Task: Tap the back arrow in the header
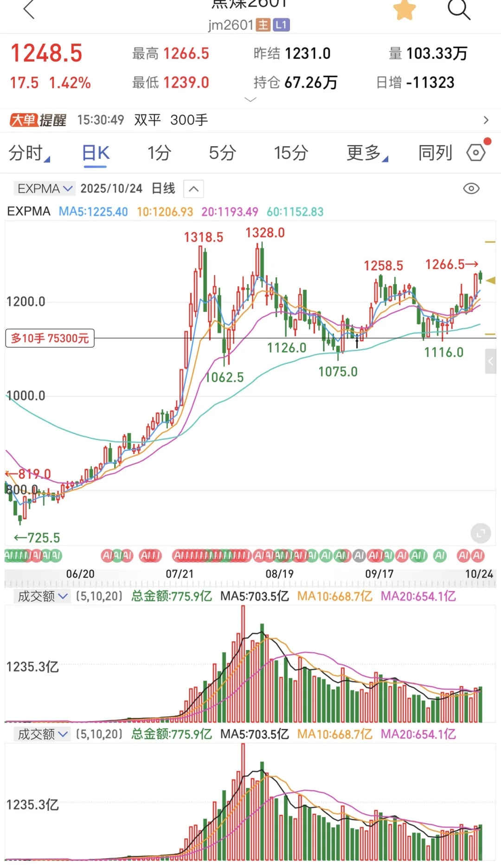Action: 29,9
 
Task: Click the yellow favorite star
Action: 405,10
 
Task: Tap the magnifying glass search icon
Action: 459,9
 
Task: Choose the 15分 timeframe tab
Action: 291,153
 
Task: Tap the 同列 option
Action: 435,153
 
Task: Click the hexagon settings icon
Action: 476,152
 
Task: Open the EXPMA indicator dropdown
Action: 44,189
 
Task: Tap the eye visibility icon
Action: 471,189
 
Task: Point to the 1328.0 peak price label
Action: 265,233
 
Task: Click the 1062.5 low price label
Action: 225,377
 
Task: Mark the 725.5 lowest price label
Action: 38,538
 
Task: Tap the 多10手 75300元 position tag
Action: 50,338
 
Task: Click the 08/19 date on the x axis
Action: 279,574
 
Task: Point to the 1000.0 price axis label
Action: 26,396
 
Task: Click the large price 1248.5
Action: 46,53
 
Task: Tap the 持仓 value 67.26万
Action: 310,83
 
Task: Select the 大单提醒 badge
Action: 38,120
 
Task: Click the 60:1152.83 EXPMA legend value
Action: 295,212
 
